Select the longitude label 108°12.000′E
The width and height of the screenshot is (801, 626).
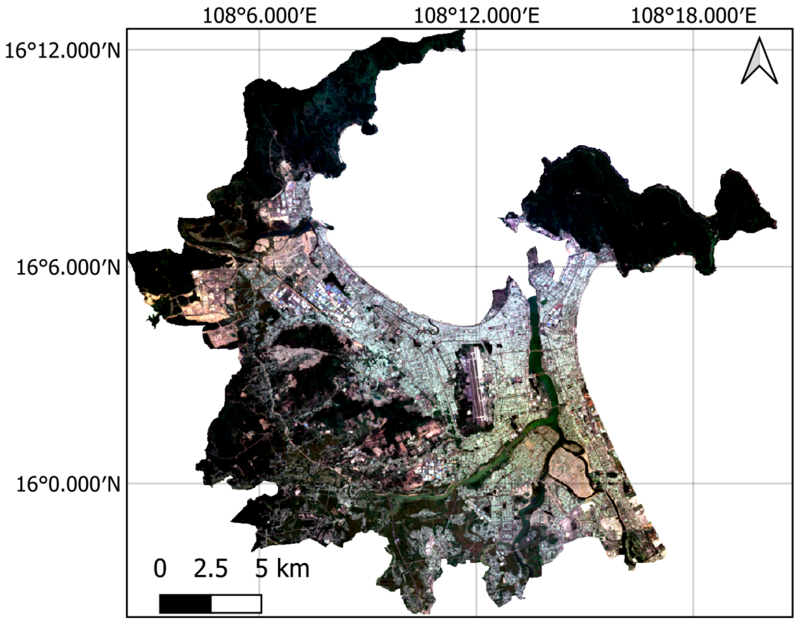coord(476,16)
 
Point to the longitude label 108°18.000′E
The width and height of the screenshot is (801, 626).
coord(693,16)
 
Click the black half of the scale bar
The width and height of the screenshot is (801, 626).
coord(185,604)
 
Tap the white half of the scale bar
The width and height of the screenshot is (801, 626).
coord(236,604)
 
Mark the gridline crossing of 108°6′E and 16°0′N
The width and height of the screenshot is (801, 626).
coord(260,484)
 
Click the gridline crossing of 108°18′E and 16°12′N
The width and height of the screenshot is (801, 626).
coord(693,50)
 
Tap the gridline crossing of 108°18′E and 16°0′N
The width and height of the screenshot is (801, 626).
coord(693,484)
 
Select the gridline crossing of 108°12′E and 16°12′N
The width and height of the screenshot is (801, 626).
coord(476,50)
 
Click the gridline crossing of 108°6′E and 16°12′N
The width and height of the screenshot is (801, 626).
coord(260,50)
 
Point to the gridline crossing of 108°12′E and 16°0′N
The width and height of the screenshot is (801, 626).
coord(476,484)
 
